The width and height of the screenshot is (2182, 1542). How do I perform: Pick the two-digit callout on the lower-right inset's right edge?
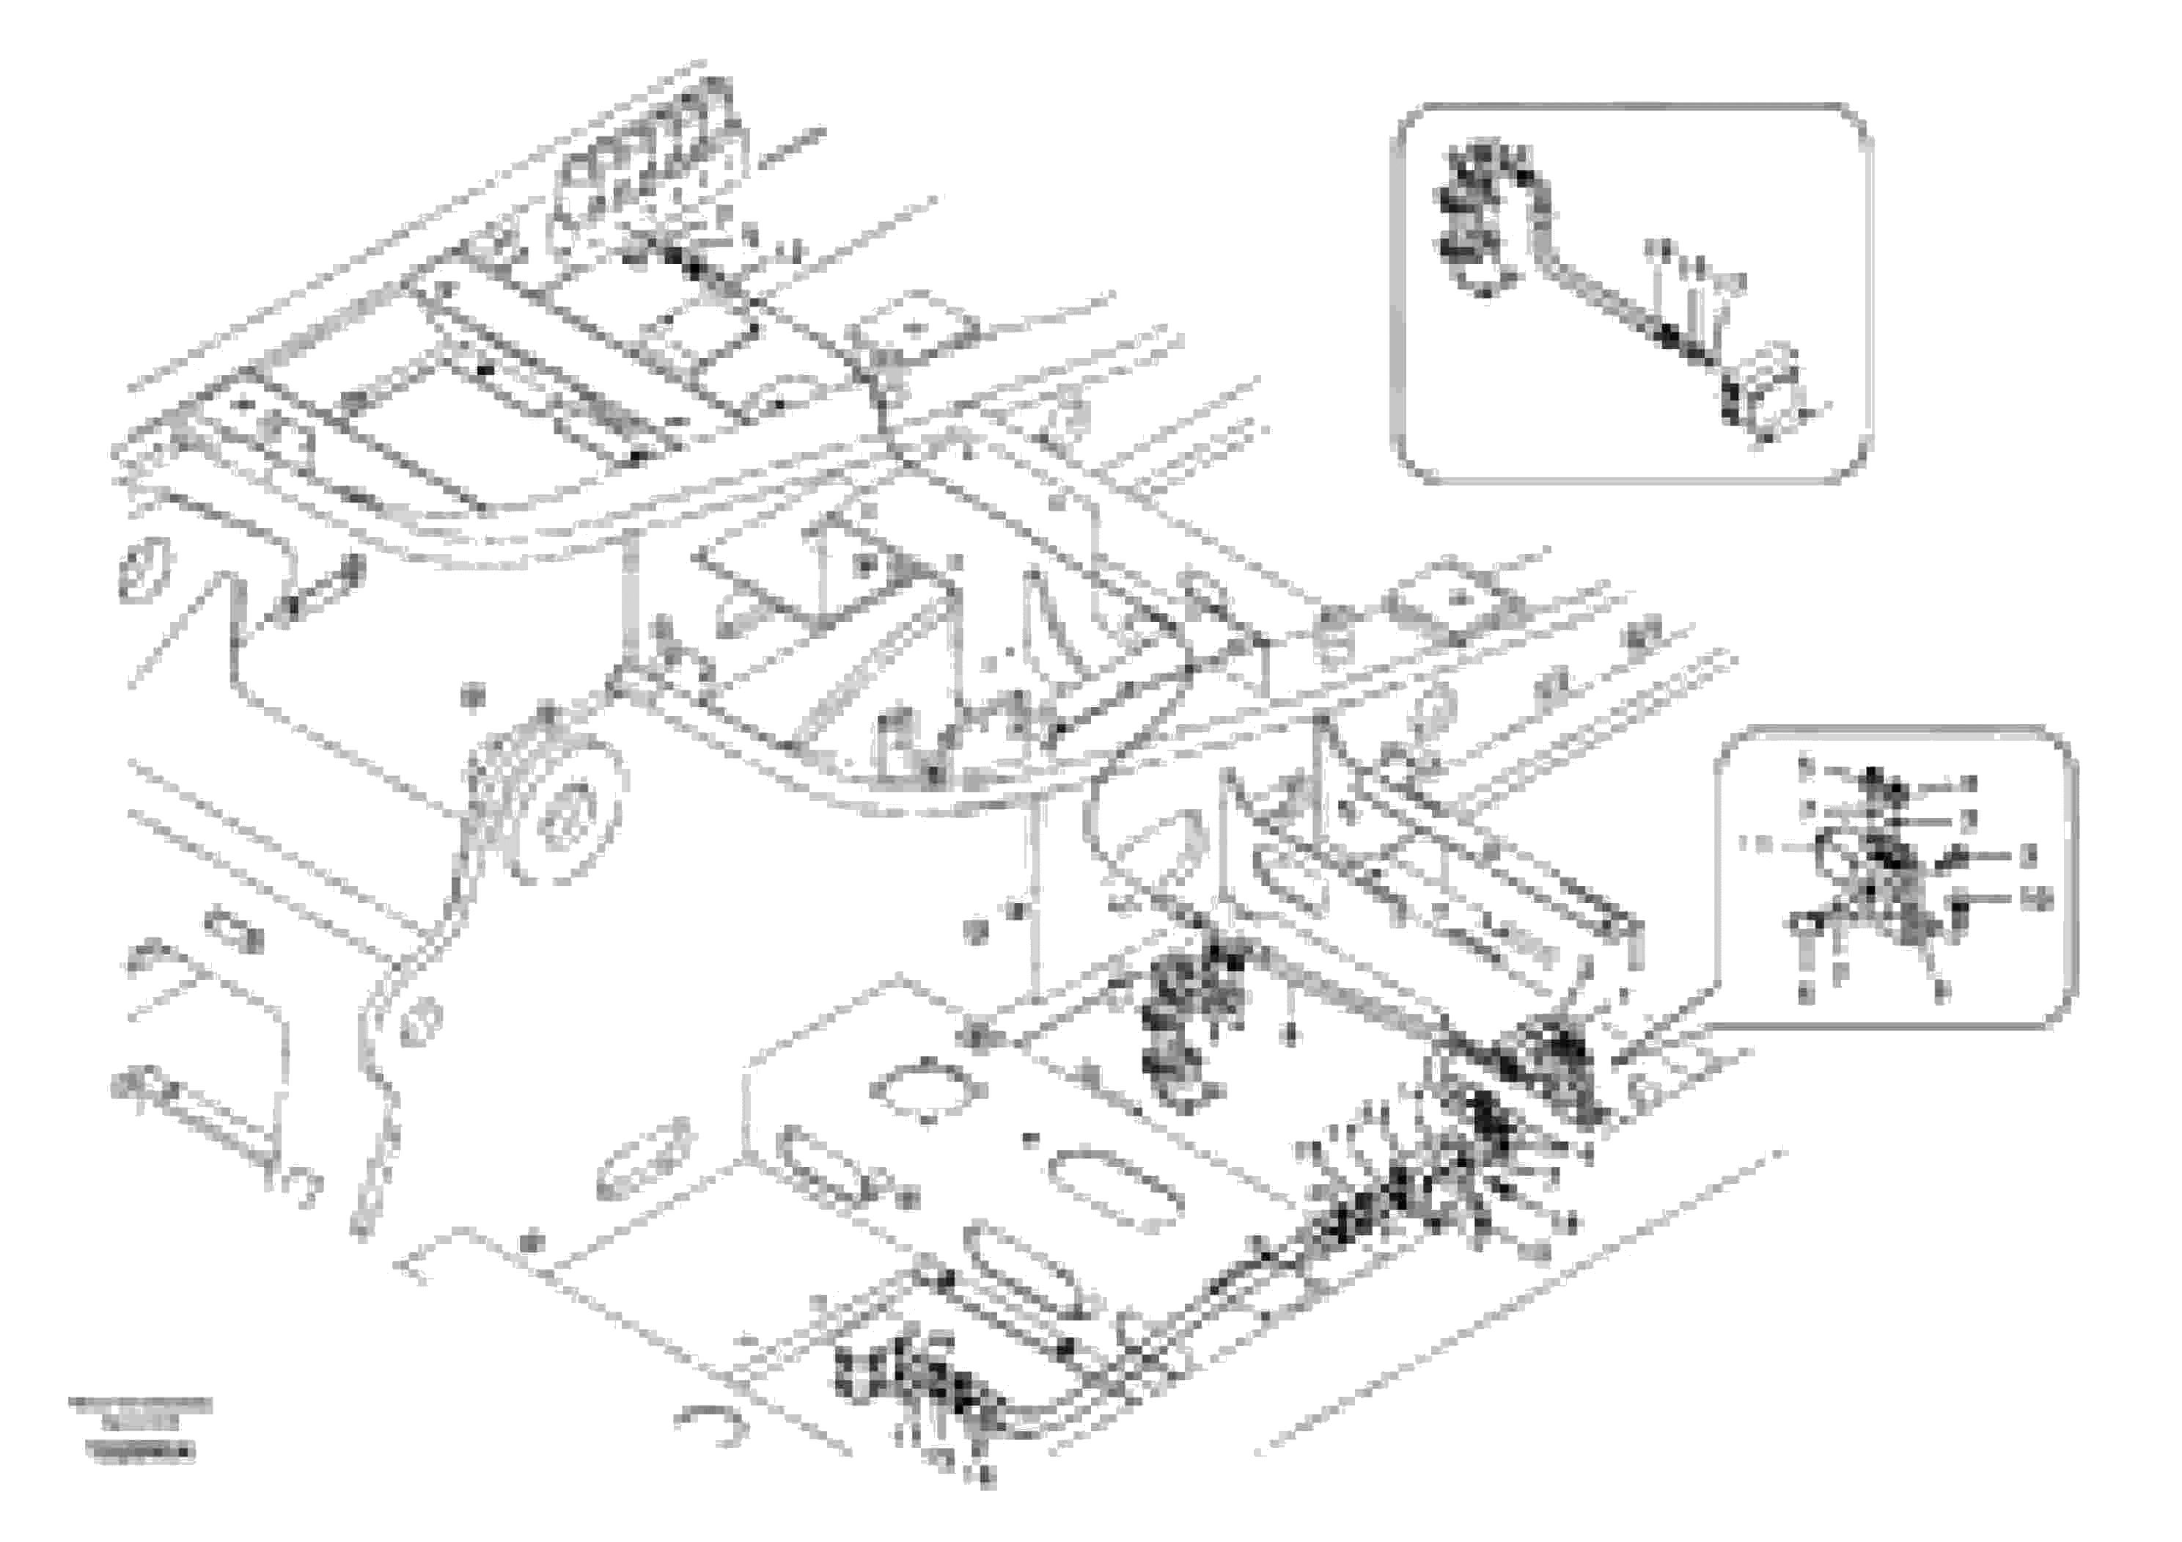2037,899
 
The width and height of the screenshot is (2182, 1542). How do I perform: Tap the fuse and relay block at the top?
655,161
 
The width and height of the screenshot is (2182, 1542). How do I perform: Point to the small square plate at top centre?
914,328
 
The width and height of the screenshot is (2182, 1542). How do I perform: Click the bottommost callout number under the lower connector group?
986,1502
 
